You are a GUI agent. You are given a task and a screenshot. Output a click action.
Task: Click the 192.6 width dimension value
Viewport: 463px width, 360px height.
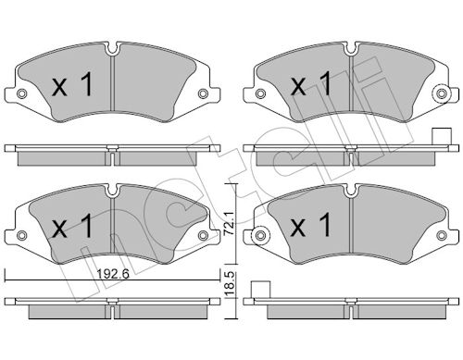pyautogui.click(x=113, y=273)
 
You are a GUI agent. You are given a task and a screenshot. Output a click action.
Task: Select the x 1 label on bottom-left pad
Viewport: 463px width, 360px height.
pyautogui.click(x=73, y=227)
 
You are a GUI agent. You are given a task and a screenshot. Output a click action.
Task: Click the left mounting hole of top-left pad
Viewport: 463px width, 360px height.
pyautogui.click(x=21, y=93)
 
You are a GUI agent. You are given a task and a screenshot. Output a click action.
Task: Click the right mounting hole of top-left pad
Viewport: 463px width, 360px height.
pyautogui.click(x=203, y=93)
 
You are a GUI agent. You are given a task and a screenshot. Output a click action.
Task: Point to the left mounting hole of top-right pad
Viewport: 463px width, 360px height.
pyautogui.click(x=260, y=93)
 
